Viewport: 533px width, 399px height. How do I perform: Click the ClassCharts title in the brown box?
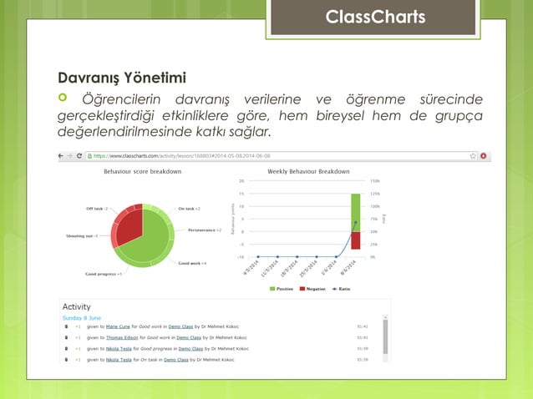(375, 18)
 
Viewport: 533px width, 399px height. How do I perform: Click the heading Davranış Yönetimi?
(120, 79)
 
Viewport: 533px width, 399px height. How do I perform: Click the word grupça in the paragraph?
(459, 117)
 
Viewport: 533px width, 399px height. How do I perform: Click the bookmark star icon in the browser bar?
(473, 156)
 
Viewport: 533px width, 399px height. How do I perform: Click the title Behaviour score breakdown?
(143, 171)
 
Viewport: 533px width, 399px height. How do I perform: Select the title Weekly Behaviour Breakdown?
(308, 171)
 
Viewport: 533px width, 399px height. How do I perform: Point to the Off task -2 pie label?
(97, 209)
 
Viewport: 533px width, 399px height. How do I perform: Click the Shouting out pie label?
(83, 236)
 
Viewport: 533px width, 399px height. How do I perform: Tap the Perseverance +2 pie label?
(204, 229)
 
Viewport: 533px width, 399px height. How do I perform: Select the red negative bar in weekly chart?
(355, 240)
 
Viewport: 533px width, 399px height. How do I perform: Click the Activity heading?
(77, 306)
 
